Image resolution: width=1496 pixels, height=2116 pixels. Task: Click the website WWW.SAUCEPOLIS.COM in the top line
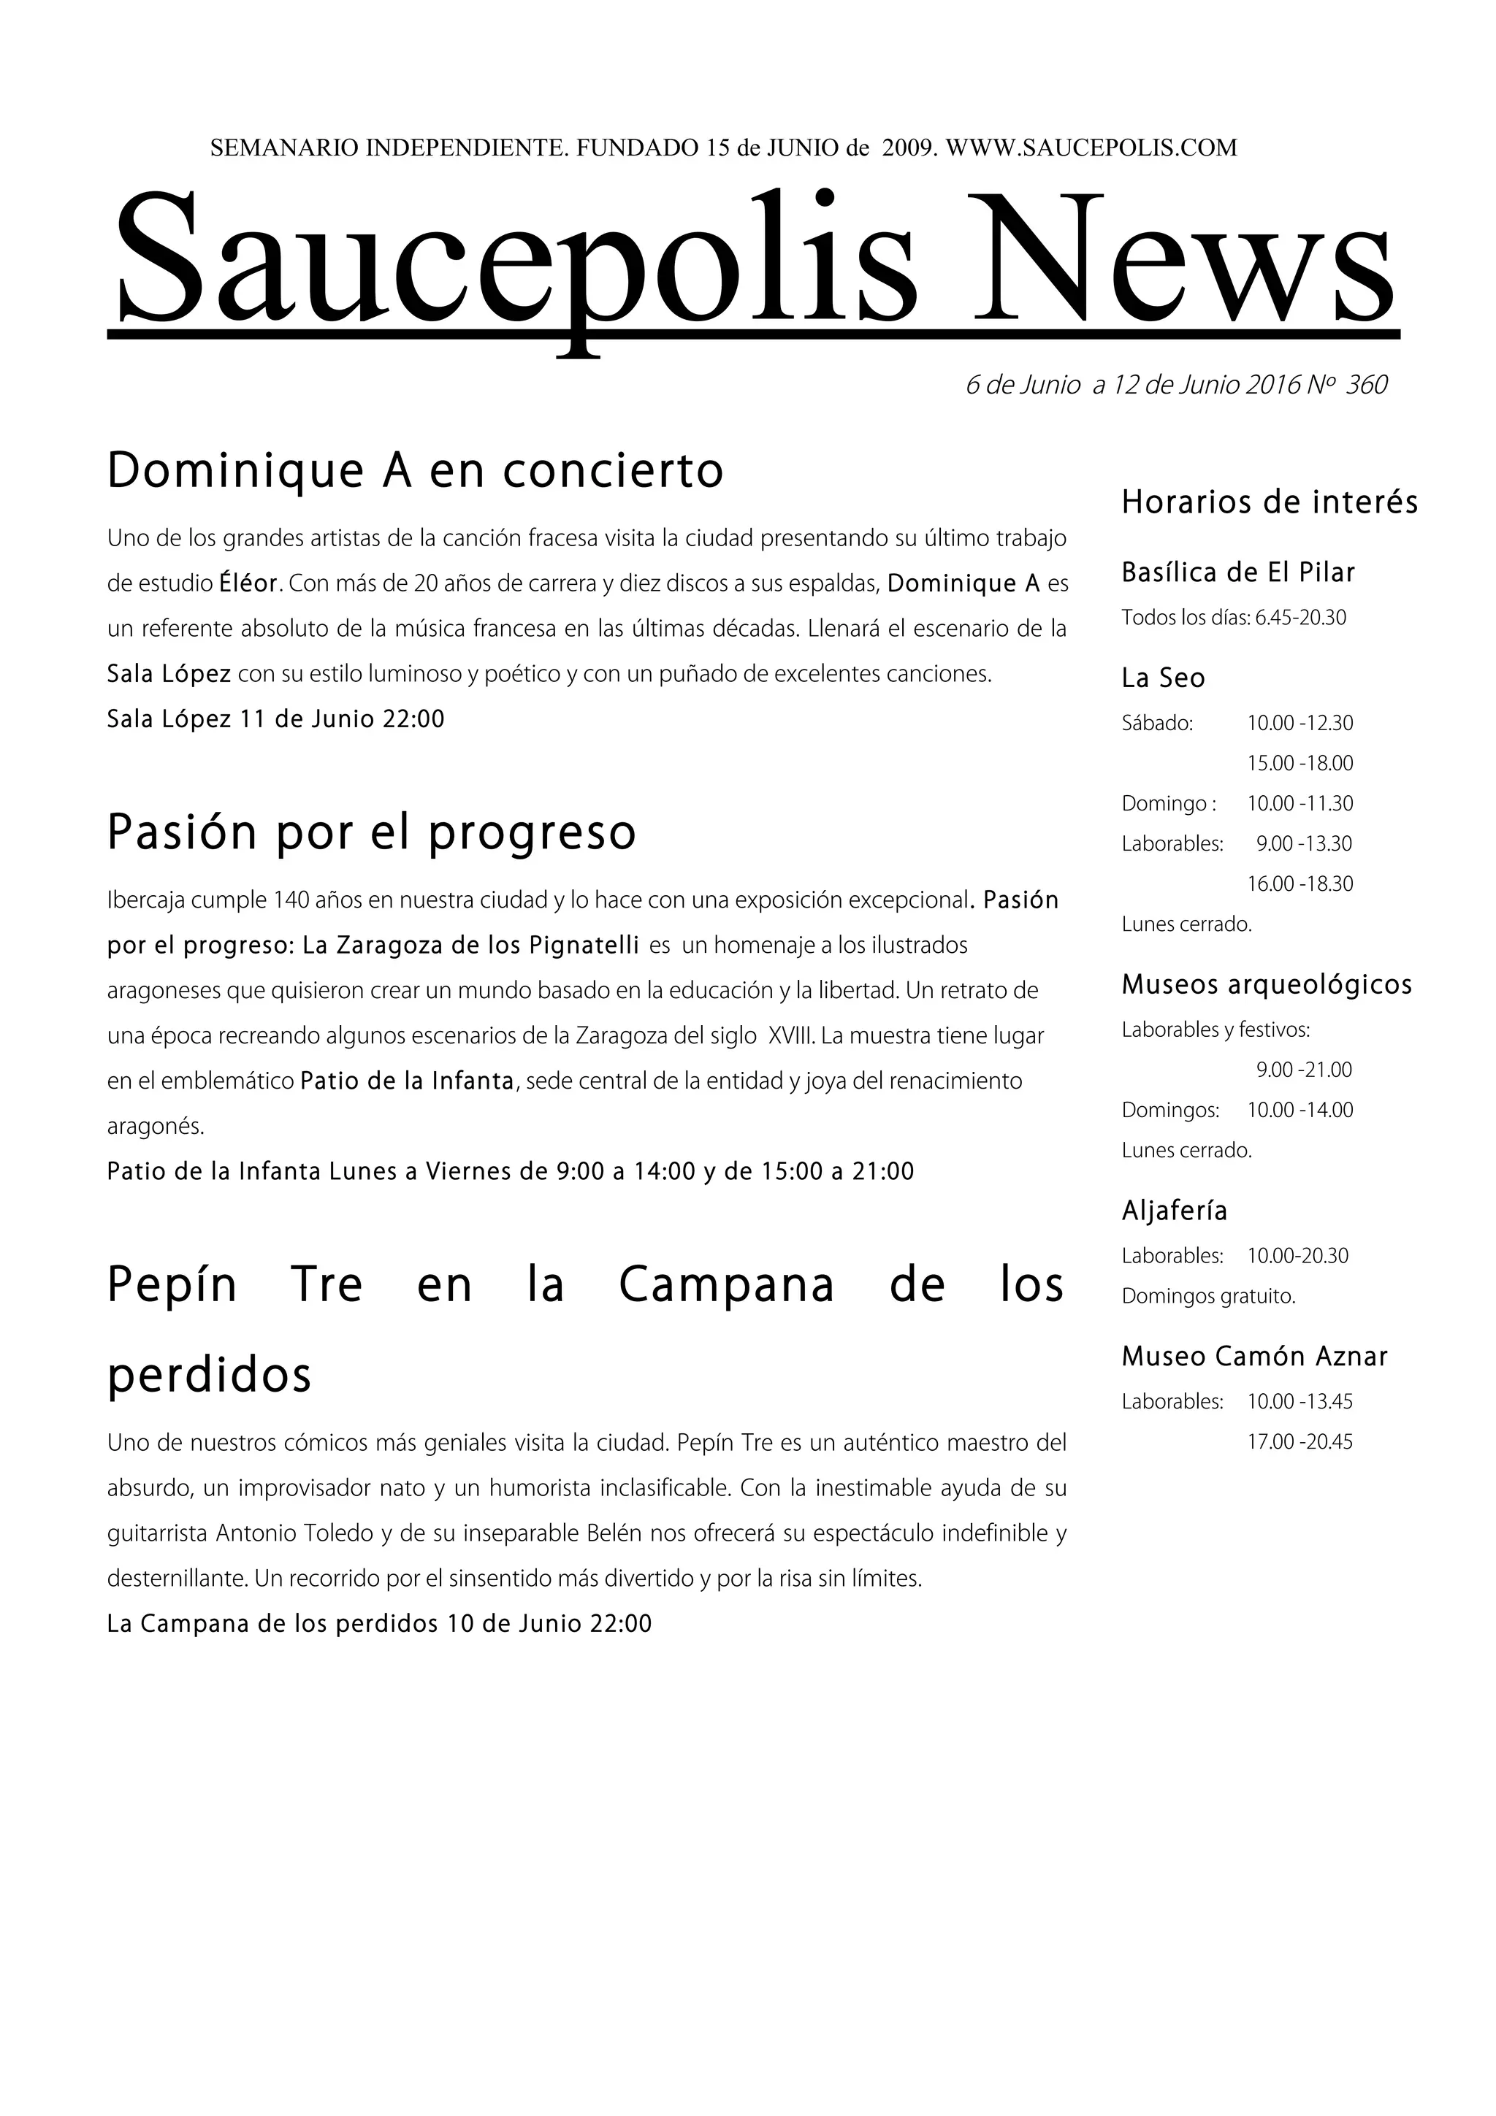click(1091, 147)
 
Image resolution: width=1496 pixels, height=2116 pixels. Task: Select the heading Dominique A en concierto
click(415, 471)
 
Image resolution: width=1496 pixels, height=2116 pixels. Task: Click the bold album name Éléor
click(248, 583)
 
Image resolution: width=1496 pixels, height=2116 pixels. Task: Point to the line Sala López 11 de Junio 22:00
click(275, 719)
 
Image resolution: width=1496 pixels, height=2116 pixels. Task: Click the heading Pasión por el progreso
click(372, 832)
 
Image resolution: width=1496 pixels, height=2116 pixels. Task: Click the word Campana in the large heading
click(726, 1285)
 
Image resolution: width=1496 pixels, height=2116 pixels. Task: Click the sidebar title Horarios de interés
click(1270, 502)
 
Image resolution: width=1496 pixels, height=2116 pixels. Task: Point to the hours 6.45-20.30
click(1300, 618)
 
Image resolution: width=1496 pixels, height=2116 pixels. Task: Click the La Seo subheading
click(1163, 678)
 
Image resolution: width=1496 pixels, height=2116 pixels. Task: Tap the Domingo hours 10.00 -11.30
click(1300, 804)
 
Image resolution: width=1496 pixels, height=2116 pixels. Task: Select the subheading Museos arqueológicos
click(1267, 985)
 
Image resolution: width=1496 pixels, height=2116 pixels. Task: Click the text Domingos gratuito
click(1208, 1297)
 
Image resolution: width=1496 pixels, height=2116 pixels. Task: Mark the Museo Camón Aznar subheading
click(1254, 1357)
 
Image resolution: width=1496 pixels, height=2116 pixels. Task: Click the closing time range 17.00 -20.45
click(1300, 1442)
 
